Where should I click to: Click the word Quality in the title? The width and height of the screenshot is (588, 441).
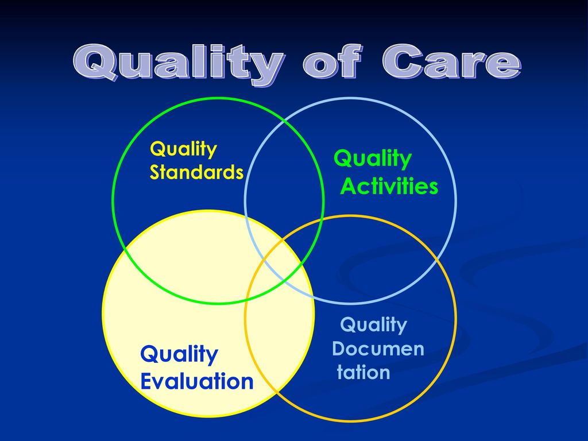(x=178, y=64)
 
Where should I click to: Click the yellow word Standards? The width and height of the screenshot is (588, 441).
(x=196, y=172)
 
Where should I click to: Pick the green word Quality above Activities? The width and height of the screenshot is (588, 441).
(x=373, y=159)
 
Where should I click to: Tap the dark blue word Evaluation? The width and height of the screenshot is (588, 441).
(x=197, y=381)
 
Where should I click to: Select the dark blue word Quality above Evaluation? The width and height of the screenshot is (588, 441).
(x=179, y=355)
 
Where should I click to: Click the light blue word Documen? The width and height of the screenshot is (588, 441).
(x=378, y=349)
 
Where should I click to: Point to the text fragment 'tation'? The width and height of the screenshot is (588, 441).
(x=363, y=372)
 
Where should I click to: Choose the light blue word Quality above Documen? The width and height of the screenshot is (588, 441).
(x=373, y=325)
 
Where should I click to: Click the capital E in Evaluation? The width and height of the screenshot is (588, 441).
(x=146, y=381)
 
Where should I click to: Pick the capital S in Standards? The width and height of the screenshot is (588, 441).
(x=155, y=172)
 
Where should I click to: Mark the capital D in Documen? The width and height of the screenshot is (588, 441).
(x=339, y=349)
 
